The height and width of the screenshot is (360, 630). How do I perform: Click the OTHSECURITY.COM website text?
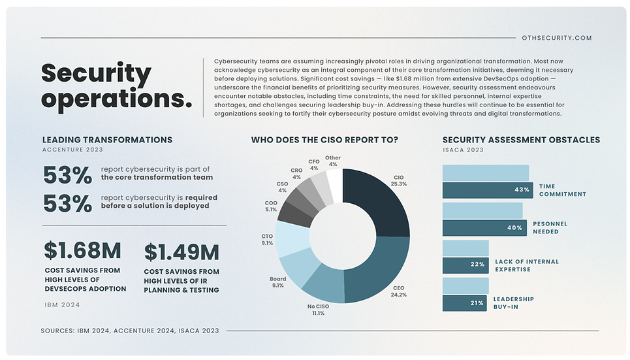tap(557, 38)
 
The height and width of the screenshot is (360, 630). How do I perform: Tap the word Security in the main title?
tap(96, 73)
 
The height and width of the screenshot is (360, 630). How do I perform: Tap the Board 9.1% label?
tap(277, 282)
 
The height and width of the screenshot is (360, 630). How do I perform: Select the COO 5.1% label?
tap(272, 206)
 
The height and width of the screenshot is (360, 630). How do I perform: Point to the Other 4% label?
tap(333, 161)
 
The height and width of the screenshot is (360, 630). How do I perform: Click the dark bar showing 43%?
tap(486, 190)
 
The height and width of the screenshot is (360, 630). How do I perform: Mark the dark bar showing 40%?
tap(483, 228)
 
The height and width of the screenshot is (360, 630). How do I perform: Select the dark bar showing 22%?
tap(465, 265)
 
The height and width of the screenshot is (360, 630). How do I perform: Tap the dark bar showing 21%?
tap(464, 303)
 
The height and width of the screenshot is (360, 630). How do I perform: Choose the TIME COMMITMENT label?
tap(562, 190)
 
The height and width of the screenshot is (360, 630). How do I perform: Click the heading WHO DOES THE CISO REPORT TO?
tap(324, 140)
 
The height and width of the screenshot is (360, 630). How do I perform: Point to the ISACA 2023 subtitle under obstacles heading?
tap(463, 150)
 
